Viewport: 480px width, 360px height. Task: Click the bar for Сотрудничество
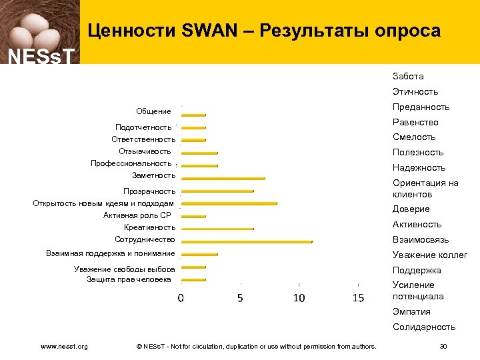pyautogui.click(x=247, y=241)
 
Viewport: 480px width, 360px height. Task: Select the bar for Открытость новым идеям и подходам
pyautogui.click(x=229, y=203)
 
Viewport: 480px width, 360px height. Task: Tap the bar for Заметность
pyautogui.click(x=223, y=178)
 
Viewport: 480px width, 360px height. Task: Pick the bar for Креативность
pyautogui.click(x=217, y=229)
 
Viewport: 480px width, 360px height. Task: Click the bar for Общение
pyautogui.click(x=194, y=115)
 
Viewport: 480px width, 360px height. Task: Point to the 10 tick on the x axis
pyautogui.click(x=299, y=298)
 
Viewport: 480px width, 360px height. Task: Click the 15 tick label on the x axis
pyautogui.click(x=358, y=298)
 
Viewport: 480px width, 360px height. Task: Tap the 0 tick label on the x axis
pyautogui.click(x=181, y=298)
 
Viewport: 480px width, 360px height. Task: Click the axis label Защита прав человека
pyautogui.click(x=131, y=279)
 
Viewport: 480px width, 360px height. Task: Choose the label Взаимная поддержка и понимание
pyautogui.click(x=111, y=253)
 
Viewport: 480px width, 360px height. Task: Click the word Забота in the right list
pyautogui.click(x=408, y=76)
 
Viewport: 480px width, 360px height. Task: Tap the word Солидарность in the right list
pyautogui.click(x=424, y=327)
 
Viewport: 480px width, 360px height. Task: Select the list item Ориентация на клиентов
pyautogui.click(x=425, y=189)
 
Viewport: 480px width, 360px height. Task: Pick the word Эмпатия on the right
pyautogui.click(x=411, y=311)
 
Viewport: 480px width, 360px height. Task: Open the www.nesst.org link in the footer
pyautogui.click(x=64, y=346)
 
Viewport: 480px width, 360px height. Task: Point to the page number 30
pyautogui.click(x=444, y=346)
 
